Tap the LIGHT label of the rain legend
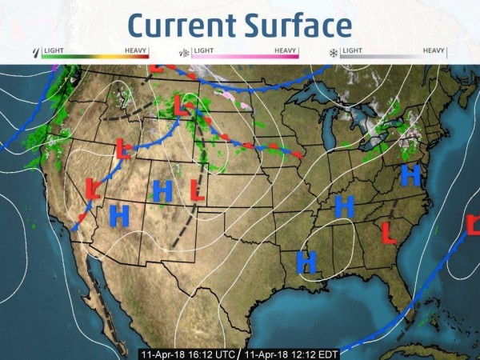54,50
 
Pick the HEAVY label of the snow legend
434,50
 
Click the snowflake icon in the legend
333,54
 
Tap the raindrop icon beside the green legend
34,54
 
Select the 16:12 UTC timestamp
188,353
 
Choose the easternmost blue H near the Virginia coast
410,175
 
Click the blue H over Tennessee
345,206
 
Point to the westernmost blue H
119,214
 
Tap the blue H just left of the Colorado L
162,190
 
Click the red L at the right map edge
473,226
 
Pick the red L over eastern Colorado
197,190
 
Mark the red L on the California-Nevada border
92,189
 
